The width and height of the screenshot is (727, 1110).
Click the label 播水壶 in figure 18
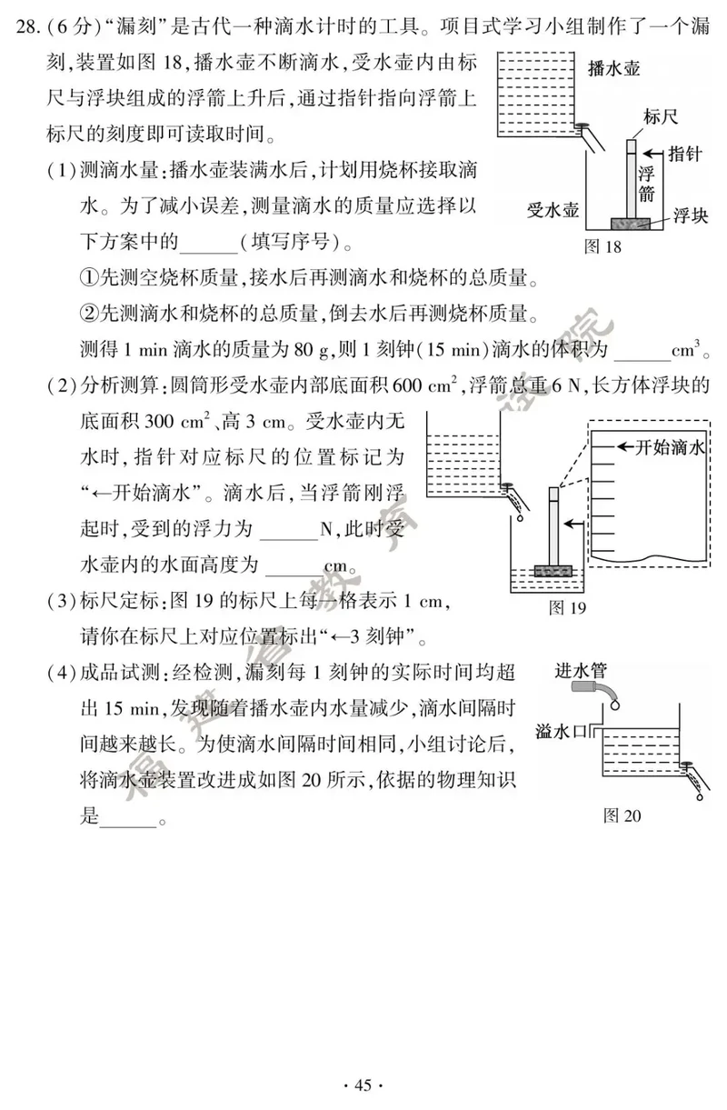[614, 68]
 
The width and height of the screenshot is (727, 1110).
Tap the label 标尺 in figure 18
[661, 117]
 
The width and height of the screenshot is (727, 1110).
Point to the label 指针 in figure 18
[685, 154]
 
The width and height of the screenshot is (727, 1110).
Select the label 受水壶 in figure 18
[553, 210]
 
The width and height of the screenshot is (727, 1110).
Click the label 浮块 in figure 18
[691, 215]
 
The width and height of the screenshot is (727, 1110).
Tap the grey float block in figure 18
[630, 224]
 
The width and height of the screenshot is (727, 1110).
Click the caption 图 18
[603, 246]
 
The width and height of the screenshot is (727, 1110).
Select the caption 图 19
[568, 607]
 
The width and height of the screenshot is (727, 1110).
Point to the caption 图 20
[622, 815]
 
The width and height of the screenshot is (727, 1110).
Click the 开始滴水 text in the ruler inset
[670, 447]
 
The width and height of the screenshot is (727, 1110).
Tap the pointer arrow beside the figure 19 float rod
[574, 524]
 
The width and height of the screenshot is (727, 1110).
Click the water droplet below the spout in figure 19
[520, 518]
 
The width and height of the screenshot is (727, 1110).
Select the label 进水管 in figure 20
[581, 671]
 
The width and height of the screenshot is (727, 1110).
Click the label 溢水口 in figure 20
[561, 732]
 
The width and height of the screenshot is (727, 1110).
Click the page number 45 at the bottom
[363, 1085]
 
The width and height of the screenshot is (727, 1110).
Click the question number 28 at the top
[27, 26]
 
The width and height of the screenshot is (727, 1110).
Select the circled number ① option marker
[90, 278]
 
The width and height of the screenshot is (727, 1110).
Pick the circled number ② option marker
[90, 314]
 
